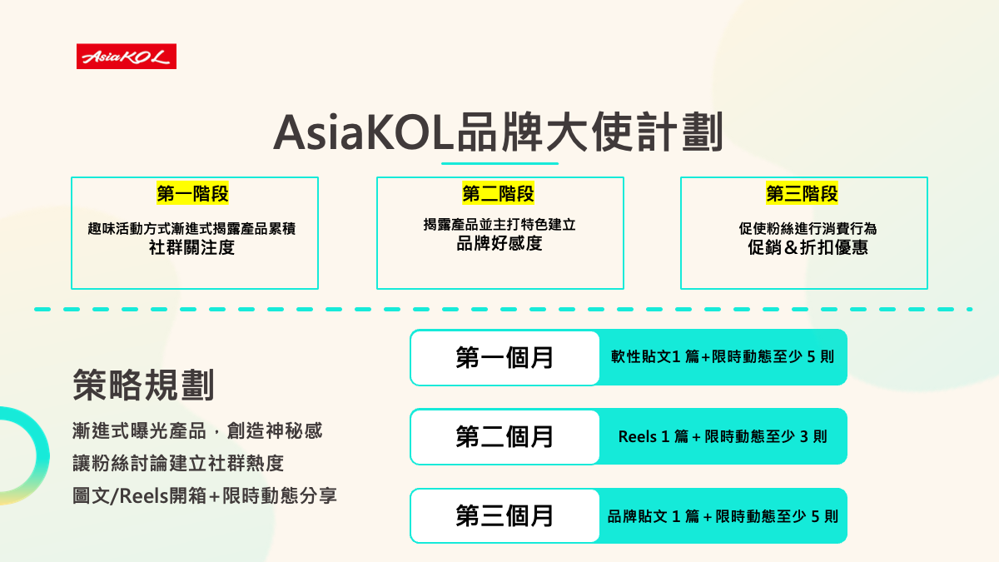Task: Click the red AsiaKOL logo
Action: pos(127,57)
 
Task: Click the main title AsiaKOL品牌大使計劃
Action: pos(498,132)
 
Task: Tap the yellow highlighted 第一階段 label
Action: pos(192,193)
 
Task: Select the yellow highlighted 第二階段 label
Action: pos(498,193)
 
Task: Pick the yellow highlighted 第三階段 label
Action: pos(802,193)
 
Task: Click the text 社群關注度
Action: pos(191,247)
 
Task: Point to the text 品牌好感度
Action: pos(499,243)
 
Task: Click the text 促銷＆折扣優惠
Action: pos(808,247)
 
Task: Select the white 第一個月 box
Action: pos(504,358)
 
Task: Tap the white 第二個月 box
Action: pos(504,436)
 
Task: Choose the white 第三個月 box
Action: pos(504,516)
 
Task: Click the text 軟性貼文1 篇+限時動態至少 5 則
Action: pos(723,357)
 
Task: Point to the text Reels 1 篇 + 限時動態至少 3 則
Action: pos(723,436)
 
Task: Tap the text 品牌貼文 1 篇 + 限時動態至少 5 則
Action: pos(723,516)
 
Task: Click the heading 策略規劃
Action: pos(143,385)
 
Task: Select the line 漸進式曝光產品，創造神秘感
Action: pos(197,431)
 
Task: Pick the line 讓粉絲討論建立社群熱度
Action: pos(178,464)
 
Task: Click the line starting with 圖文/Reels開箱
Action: pos(204,496)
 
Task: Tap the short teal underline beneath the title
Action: pos(500,164)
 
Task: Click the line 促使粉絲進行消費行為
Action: pos(808,229)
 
